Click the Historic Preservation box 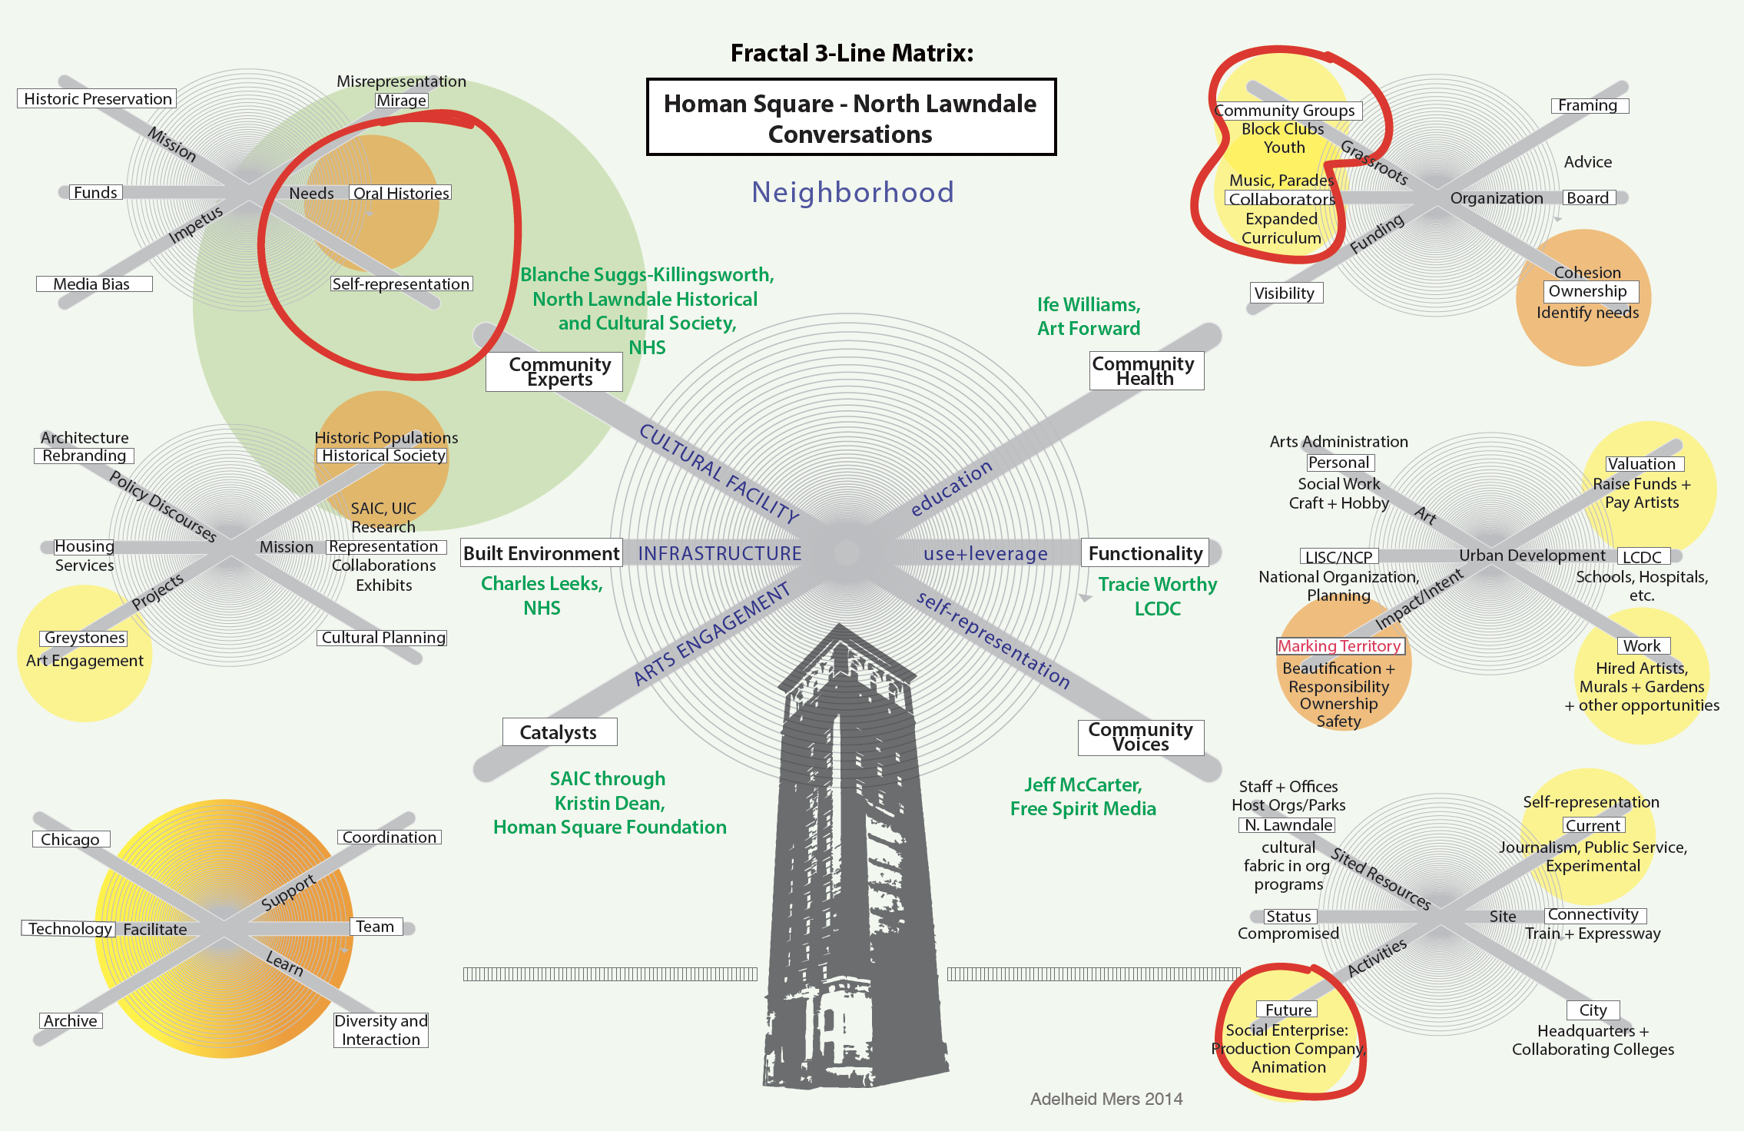pos(97,98)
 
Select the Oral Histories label pos(400,193)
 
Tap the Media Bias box pos(94,284)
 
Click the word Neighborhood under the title pos(853,192)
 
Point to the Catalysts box pos(559,732)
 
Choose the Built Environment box pos(542,553)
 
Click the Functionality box pos(1146,553)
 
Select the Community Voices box pos(1141,737)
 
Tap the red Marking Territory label pos(1340,646)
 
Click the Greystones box pos(84,638)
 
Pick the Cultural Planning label pos(383,638)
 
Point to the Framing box pos(1589,105)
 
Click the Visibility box pos(1285,293)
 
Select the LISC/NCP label pos(1339,557)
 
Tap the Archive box pos(71,1021)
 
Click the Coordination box pos(390,837)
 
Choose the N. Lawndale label pos(1288,825)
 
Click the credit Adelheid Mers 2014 pos(1106,1099)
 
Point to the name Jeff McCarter pos(1083,784)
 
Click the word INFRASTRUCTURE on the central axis pos(720,553)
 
